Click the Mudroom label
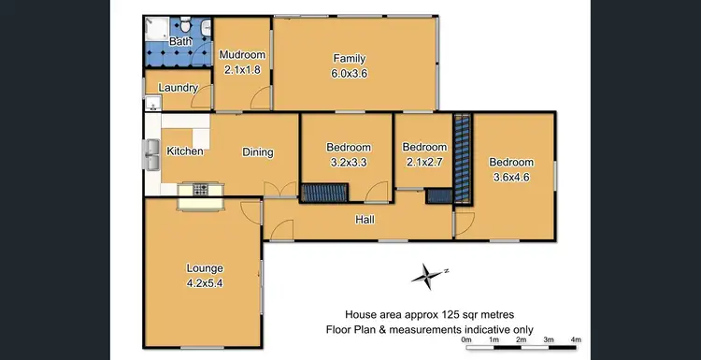tap(242, 55)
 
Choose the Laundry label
tap(178, 88)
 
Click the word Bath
tap(180, 42)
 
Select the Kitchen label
tap(185, 151)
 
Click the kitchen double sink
tap(151, 155)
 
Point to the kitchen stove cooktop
tap(200, 190)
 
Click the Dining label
tap(258, 152)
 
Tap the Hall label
tap(365, 220)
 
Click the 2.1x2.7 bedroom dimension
tap(423, 160)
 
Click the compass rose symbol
tap(427, 274)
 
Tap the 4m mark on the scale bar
tap(576, 339)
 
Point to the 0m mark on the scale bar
tap(466, 339)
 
